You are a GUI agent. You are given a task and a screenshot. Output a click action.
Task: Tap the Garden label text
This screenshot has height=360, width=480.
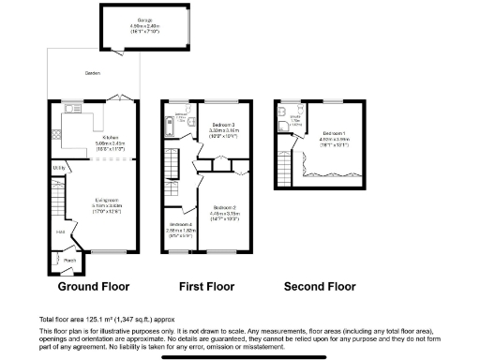point(92,72)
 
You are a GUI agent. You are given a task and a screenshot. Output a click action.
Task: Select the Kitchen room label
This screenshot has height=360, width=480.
point(109,138)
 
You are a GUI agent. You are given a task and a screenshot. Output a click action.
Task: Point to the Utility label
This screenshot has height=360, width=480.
point(58,169)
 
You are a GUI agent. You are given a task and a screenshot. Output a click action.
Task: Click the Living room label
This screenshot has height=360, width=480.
point(110,199)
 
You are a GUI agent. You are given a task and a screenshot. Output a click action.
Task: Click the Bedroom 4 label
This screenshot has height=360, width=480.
point(178,224)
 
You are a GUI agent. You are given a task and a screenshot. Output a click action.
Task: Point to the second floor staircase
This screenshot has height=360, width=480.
point(284,169)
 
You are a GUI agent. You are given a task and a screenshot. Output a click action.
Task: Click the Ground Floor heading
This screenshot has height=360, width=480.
point(94,286)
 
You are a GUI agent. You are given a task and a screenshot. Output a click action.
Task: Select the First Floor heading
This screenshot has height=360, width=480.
point(209,286)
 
